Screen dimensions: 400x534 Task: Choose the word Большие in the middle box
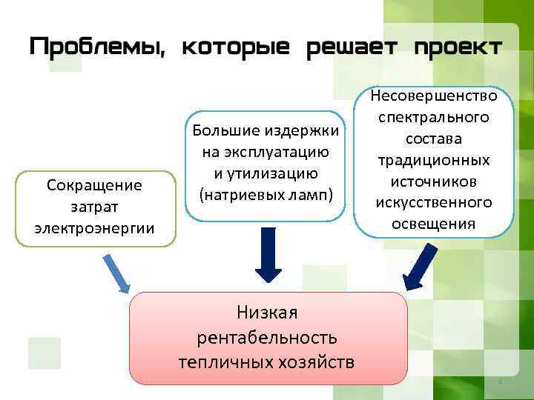(x=224, y=132)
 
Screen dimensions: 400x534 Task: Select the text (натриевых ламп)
(x=266, y=195)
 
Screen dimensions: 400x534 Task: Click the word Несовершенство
(x=435, y=96)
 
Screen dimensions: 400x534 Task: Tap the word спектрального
(x=435, y=118)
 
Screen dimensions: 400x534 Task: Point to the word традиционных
(x=435, y=160)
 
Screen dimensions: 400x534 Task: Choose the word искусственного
(x=435, y=202)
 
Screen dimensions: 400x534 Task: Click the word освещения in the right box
(x=435, y=224)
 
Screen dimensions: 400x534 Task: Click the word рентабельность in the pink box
(x=267, y=338)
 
